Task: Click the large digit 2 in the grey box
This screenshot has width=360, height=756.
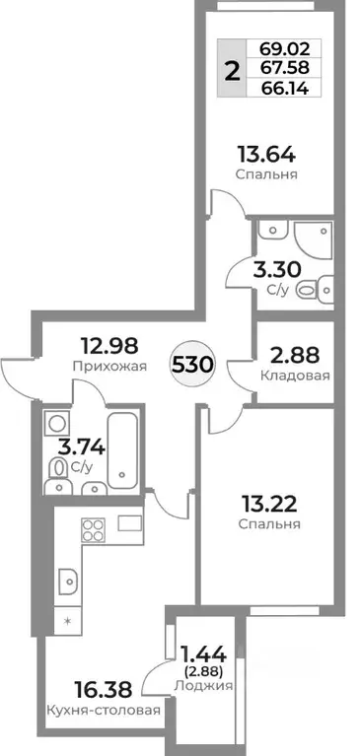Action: [233, 68]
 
